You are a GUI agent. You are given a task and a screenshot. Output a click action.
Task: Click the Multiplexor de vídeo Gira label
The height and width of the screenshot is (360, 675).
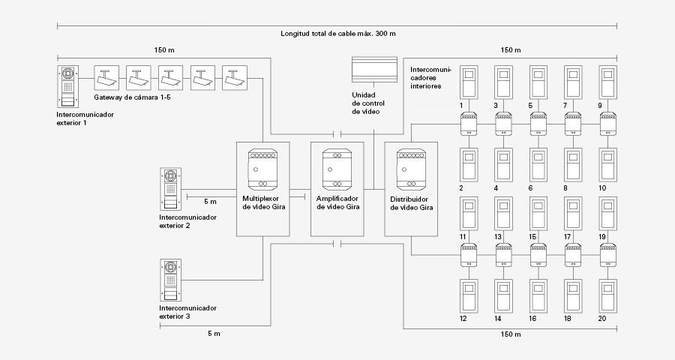click(x=263, y=202)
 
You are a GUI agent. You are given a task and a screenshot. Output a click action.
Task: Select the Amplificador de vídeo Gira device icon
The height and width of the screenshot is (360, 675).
click(x=337, y=169)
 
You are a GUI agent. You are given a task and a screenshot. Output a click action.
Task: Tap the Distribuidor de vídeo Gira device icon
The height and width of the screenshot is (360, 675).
click(x=411, y=169)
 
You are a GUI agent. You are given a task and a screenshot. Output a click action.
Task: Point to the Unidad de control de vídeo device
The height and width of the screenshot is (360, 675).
click(x=374, y=69)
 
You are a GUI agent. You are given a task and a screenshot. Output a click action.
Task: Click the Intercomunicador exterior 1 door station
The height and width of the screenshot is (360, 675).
click(x=68, y=86)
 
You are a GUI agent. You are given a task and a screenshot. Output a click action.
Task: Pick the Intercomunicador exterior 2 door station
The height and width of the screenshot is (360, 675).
click(x=170, y=189)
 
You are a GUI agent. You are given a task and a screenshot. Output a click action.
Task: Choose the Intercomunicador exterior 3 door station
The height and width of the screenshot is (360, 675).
click(x=170, y=280)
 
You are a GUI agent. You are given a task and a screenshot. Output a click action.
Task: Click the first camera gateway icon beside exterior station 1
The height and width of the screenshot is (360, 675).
click(x=106, y=78)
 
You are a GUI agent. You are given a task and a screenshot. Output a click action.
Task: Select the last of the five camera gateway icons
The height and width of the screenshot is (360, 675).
click(x=235, y=78)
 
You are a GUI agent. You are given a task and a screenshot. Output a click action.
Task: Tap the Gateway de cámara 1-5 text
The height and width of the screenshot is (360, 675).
click(x=132, y=97)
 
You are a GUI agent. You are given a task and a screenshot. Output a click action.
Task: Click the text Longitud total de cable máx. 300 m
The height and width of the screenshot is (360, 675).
click(x=338, y=34)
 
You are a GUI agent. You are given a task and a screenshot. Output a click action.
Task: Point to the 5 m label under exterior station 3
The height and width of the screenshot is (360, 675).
click(x=214, y=334)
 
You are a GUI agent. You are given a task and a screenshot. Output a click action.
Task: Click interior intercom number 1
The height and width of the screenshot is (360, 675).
click(x=469, y=82)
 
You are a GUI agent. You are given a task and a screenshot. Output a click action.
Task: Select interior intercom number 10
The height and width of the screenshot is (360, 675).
click(x=607, y=165)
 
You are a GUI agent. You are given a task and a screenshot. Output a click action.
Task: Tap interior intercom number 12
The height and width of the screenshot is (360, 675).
click(x=469, y=295)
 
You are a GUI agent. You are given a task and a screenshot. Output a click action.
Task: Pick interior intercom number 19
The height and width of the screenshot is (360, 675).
click(x=607, y=214)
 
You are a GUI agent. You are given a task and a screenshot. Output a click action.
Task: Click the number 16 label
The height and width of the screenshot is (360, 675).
click(x=532, y=319)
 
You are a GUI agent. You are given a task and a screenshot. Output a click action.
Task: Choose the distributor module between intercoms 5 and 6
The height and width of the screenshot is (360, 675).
click(x=538, y=124)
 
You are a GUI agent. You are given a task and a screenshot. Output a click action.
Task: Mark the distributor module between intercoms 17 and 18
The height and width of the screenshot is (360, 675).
click(x=573, y=255)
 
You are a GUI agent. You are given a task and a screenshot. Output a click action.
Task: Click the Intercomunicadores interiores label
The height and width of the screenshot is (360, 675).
click(x=430, y=77)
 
